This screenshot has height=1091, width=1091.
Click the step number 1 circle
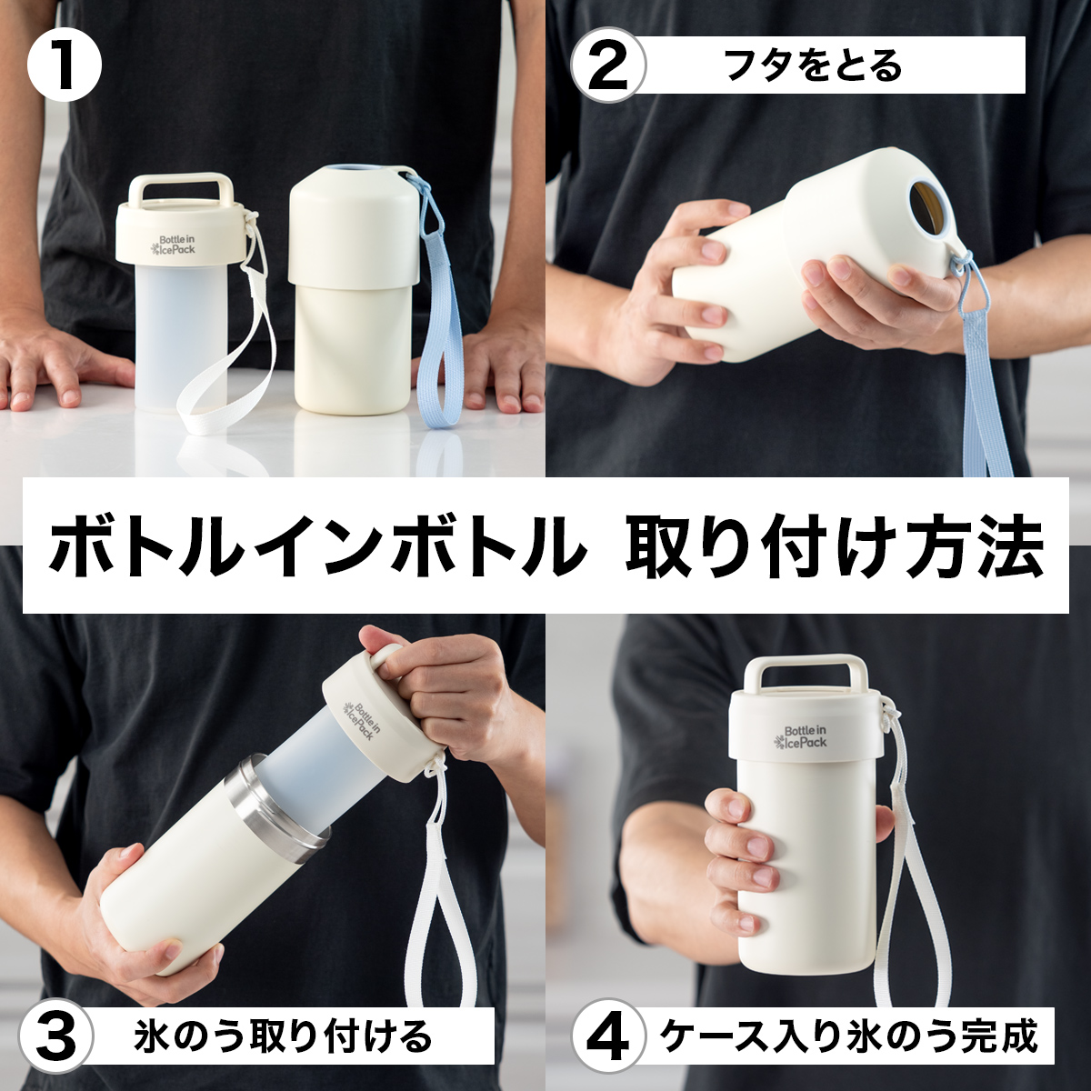click(x=64, y=65)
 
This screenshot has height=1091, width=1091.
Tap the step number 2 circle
click(x=608, y=65)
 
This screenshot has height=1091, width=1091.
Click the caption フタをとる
click(x=813, y=66)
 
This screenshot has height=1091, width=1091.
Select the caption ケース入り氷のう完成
click(x=849, y=1034)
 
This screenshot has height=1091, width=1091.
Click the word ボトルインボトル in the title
click(x=317, y=545)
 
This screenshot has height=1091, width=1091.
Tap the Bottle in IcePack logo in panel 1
click(x=174, y=244)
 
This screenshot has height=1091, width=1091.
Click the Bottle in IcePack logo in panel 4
click(x=801, y=736)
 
